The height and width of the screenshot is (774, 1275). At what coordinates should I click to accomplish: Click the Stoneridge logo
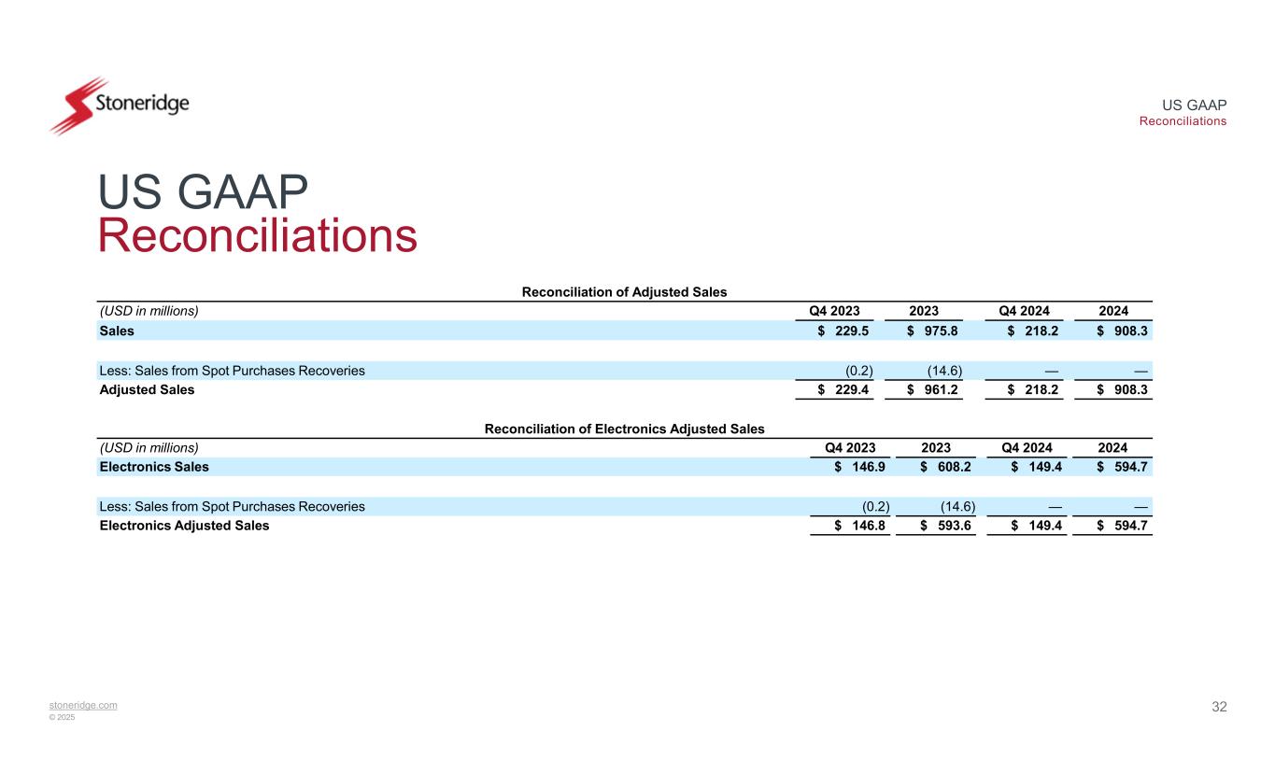pos(120,104)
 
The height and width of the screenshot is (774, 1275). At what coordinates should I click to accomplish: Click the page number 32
pos(1219,707)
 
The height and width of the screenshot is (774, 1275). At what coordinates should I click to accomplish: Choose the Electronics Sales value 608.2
pos(952,467)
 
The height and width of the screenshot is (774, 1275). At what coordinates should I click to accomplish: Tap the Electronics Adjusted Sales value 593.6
pos(952,526)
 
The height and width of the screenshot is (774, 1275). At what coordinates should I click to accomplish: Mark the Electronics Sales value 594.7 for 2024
pos(1129,467)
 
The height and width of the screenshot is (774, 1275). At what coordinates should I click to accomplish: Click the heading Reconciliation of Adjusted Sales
pos(624,291)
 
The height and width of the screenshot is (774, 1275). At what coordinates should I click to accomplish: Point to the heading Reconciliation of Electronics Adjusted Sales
pos(624,429)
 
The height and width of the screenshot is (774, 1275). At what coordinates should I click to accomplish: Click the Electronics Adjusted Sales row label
pos(184,526)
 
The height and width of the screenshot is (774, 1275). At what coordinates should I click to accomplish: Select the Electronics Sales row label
pos(154,467)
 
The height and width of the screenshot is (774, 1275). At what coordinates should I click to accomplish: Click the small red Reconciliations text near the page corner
pos(1183,121)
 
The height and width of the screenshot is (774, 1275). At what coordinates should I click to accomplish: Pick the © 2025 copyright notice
pos(63,717)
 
